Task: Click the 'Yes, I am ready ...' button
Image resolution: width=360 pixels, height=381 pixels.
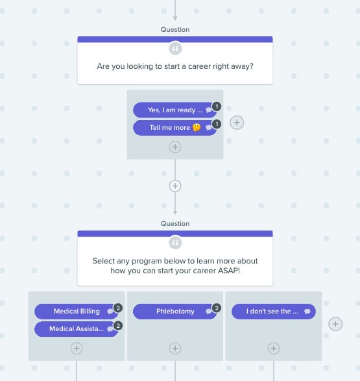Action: point(174,110)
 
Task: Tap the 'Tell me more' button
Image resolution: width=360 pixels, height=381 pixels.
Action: point(174,128)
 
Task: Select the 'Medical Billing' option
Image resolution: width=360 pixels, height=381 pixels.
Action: point(77,312)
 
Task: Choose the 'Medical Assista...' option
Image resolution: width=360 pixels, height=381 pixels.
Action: point(77,329)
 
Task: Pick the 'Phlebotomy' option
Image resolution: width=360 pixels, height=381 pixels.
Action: point(174,312)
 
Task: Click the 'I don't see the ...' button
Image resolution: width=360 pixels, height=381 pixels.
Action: point(274,312)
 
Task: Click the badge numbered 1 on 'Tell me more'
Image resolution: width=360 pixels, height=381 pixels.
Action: point(217,124)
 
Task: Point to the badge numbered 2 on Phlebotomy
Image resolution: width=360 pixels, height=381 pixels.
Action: point(217,308)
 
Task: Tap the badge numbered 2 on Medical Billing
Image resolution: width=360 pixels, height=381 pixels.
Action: point(118,308)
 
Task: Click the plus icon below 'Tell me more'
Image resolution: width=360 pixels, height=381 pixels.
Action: point(175,147)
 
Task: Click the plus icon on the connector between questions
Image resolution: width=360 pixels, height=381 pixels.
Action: point(175,186)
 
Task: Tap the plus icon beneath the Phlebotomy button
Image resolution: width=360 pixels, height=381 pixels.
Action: point(175,349)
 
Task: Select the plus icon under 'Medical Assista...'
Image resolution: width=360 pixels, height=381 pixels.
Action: point(77,349)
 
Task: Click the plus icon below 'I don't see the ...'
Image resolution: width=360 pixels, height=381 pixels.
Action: point(274,349)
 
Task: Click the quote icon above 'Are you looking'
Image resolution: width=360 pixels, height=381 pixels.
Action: point(175,49)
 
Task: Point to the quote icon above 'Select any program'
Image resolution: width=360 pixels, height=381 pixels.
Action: point(175,243)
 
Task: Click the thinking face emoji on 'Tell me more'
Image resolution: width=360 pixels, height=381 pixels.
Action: point(197,128)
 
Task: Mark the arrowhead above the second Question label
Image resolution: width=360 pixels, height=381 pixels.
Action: point(175,213)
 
